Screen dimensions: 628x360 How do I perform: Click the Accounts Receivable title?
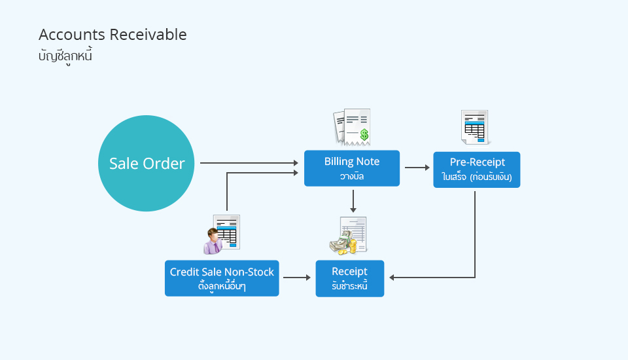tap(113, 35)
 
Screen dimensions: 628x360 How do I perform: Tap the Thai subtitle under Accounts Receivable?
tap(65, 56)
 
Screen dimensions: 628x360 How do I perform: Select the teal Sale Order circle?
tap(146, 163)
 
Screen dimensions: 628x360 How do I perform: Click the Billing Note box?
tap(352, 168)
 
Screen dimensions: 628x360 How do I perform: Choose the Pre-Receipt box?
tap(477, 170)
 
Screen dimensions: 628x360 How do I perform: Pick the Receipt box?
tap(349, 279)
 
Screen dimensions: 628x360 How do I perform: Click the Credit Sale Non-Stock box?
tap(222, 278)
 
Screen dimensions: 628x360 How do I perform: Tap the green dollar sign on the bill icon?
tap(364, 134)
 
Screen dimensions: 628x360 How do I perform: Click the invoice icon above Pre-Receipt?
tap(475, 127)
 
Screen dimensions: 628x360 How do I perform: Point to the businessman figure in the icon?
tap(213, 241)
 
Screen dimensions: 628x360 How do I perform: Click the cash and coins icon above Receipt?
tap(349, 236)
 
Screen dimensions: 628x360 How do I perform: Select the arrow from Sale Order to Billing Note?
tap(249, 163)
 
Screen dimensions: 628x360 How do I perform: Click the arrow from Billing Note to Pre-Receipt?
tap(417, 167)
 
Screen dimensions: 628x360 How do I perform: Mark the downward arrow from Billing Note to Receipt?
tap(353, 201)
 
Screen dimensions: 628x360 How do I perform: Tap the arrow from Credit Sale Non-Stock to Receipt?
tap(297, 277)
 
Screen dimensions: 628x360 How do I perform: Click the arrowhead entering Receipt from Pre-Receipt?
tap(392, 277)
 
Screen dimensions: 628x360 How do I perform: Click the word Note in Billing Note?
tap(367, 162)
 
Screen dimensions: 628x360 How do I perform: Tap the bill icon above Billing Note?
tap(352, 127)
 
